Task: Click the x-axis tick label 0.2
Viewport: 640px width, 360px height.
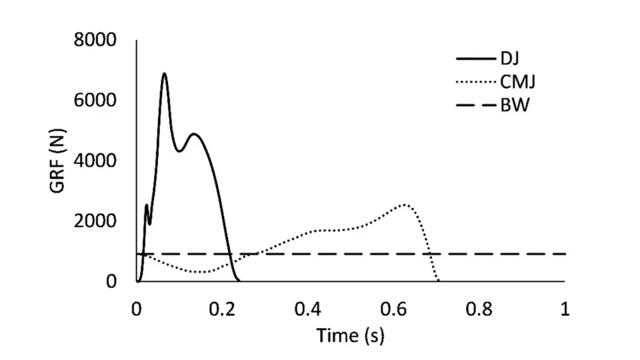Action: [222, 309]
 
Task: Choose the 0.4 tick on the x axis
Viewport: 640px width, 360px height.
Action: [308, 309]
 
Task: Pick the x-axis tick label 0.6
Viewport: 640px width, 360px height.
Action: [393, 309]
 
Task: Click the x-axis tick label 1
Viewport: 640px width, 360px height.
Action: [565, 309]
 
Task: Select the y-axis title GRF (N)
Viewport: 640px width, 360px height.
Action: [58, 161]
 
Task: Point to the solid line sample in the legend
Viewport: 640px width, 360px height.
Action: [474, 59]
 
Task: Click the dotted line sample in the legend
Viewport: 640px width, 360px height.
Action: [474, 82]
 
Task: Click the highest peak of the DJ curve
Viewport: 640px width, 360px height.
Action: [164, 73]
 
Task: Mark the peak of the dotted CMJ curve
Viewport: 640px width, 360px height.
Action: [405, 205]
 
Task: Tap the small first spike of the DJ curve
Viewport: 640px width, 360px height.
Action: [147, 205]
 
